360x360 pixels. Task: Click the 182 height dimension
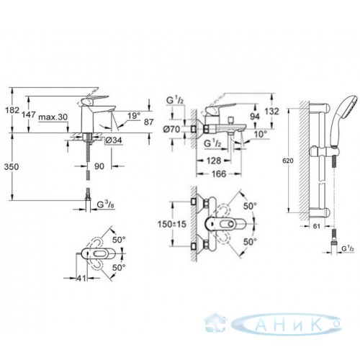coord(12,110)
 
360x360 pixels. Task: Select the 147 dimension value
coord(29,114)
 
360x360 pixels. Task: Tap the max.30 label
coord(53,117)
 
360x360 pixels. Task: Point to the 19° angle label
coord(134,116)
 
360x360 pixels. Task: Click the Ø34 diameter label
coord(114,140)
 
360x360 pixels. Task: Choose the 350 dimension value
coord(12,166)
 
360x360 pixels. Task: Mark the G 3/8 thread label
coord(105,204)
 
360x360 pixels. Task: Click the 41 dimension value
coord(81,278)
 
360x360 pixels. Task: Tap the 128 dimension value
coord(214,161)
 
